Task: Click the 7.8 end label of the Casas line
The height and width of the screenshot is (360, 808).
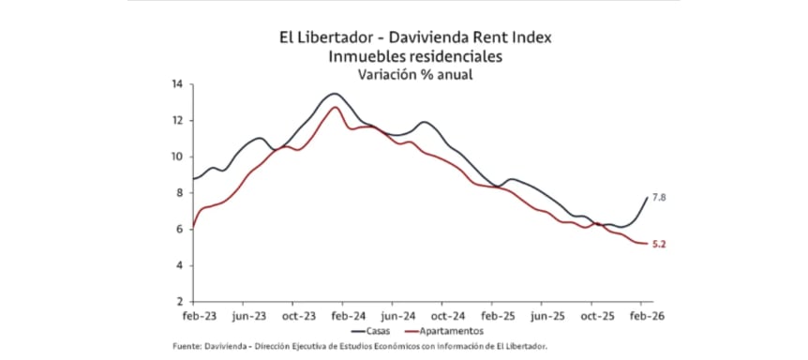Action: coord(659,198)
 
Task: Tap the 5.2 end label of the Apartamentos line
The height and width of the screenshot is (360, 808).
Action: coord(659,245)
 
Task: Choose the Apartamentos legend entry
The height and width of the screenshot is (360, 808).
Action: coord(446,331)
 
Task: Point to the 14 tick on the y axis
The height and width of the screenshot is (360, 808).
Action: coord(176,84)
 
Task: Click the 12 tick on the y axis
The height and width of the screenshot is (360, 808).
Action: coord(176,121)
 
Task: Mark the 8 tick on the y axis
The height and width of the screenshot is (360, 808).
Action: coord(178,193)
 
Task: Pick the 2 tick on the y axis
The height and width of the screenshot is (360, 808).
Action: coord(178,302)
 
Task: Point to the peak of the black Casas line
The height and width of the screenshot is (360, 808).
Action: coord(335,94)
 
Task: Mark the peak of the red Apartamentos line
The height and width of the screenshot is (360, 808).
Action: coord(335,107)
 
